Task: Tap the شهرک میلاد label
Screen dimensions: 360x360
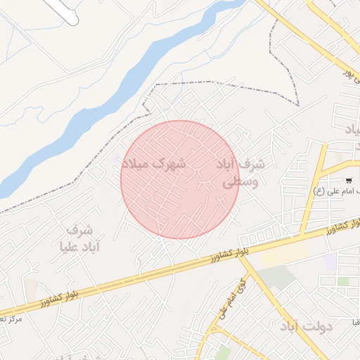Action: (x=154, y=164)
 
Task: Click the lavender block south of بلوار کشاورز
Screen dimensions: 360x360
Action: (x=329, y=262)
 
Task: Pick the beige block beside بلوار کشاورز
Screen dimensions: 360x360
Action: (x=284, y=254)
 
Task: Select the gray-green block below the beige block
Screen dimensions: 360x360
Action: (x=279, y=278)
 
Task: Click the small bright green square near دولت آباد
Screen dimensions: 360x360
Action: (x=343, y=281)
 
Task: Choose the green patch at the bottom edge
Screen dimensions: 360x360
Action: (x=224, y=352)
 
